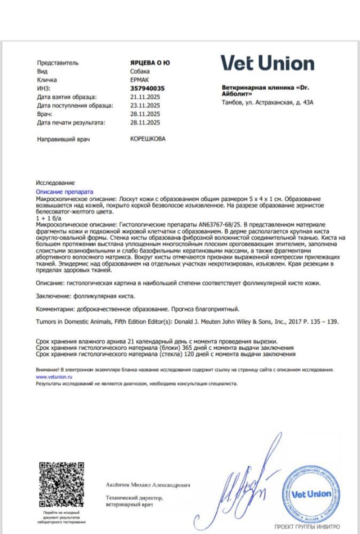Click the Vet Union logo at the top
coord(268,63)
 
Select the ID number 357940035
coord(147,89)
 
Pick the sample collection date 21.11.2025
coord(145,97)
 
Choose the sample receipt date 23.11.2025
coord(145,106)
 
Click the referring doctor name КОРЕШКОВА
coord(148,139)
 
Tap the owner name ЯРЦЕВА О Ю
coord(150,63)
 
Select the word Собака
coord(140,72)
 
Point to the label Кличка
coord(47,80)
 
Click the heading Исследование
coord(56,183)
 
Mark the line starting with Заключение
coord(85,295)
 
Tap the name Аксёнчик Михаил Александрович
coord(147,485)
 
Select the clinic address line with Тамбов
coord(267,102)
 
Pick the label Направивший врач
coord(62,139)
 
